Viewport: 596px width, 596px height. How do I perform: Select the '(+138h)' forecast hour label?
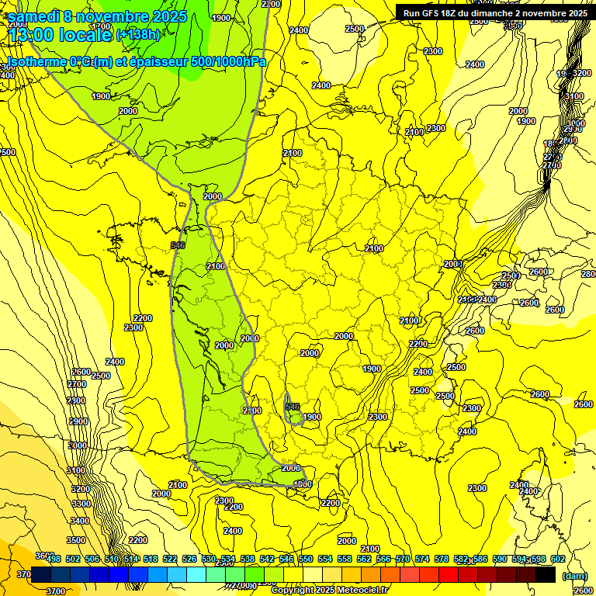tap(137, 35)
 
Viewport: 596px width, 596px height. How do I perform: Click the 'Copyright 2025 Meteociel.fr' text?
tap(329, 590)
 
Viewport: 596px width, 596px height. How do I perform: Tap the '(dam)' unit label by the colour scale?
tap(574, 576)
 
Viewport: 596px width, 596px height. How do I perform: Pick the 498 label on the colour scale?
tap(54, 559)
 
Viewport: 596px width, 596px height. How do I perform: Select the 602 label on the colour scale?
tap(557, 559)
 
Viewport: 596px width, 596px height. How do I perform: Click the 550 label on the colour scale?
tap(306, 559)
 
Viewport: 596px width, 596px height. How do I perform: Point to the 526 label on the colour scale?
tap(189, 559)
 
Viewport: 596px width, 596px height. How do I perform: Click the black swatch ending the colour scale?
tap(546, 575)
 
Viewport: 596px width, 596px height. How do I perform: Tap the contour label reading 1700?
tap(102, 28)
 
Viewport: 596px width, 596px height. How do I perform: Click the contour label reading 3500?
tap(76, 540)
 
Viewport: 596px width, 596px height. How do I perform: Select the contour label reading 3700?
tap(56, 591)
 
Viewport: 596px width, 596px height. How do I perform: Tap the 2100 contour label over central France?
tap(374, 248)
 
